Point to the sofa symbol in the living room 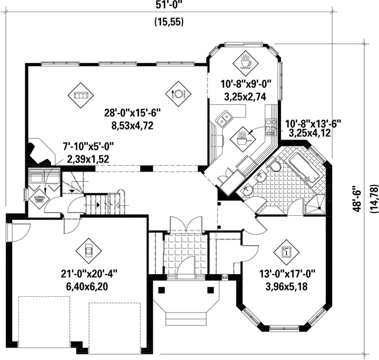click(x=81, y=95)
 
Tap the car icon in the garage click(x=88, y=247)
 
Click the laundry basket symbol click(x=39, y=199)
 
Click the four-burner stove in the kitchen click(x=272, y=125)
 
